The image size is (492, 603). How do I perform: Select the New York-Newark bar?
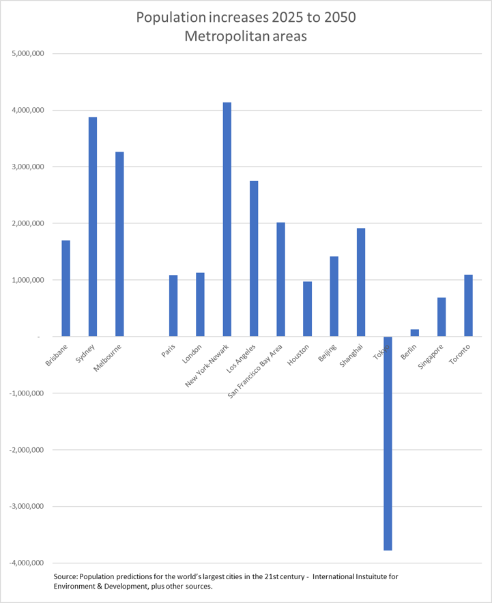point(227,219)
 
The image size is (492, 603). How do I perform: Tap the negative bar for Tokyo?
point(388,443)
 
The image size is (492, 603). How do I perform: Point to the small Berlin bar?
point(414,333)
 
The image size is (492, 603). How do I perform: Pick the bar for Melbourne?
point(119,244)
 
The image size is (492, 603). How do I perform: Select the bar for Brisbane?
point(66,288)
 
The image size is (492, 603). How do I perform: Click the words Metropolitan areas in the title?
point(246,37)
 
